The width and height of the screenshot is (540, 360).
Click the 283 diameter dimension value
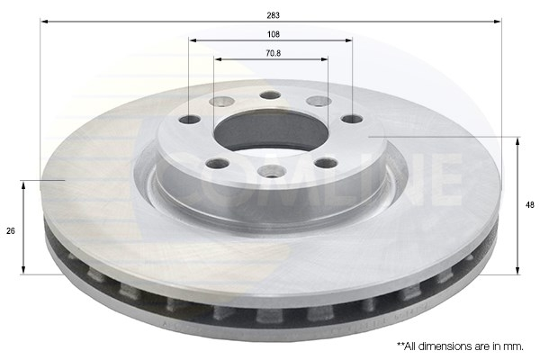(273, 15)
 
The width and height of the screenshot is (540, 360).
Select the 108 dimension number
(274, 34)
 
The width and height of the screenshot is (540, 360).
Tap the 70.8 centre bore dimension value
(274, 53)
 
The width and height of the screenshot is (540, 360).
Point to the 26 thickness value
(11, 230)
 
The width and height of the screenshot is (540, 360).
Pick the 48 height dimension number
(530, 205)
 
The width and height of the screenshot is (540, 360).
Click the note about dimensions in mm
(461, 346)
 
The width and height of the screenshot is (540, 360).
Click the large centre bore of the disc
(271, 131)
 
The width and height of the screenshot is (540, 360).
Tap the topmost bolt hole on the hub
(270, 95)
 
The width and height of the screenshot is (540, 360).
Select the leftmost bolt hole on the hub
(190, 121)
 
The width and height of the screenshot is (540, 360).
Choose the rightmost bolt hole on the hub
(352, 119)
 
